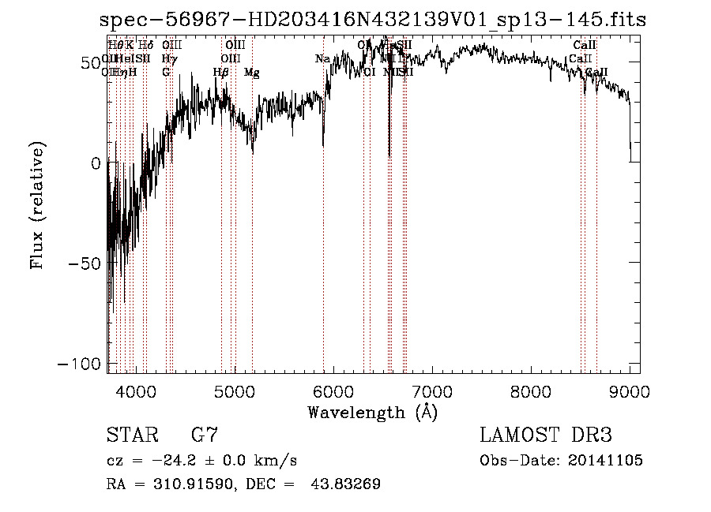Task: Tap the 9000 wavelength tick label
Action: (x=630, y=391)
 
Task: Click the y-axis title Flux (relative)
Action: (x=38, y=204)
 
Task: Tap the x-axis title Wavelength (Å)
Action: (x=373, y=412)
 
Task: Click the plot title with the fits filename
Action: (x=373, y=21)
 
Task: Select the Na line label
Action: (x=322, y=59)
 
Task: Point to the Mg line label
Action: (x=252, y=73)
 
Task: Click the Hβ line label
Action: (x=221, y=73)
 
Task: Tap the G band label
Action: (x=166, y=73)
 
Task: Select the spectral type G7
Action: (x=205, y=435)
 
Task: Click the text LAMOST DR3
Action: (x=546, y=435)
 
